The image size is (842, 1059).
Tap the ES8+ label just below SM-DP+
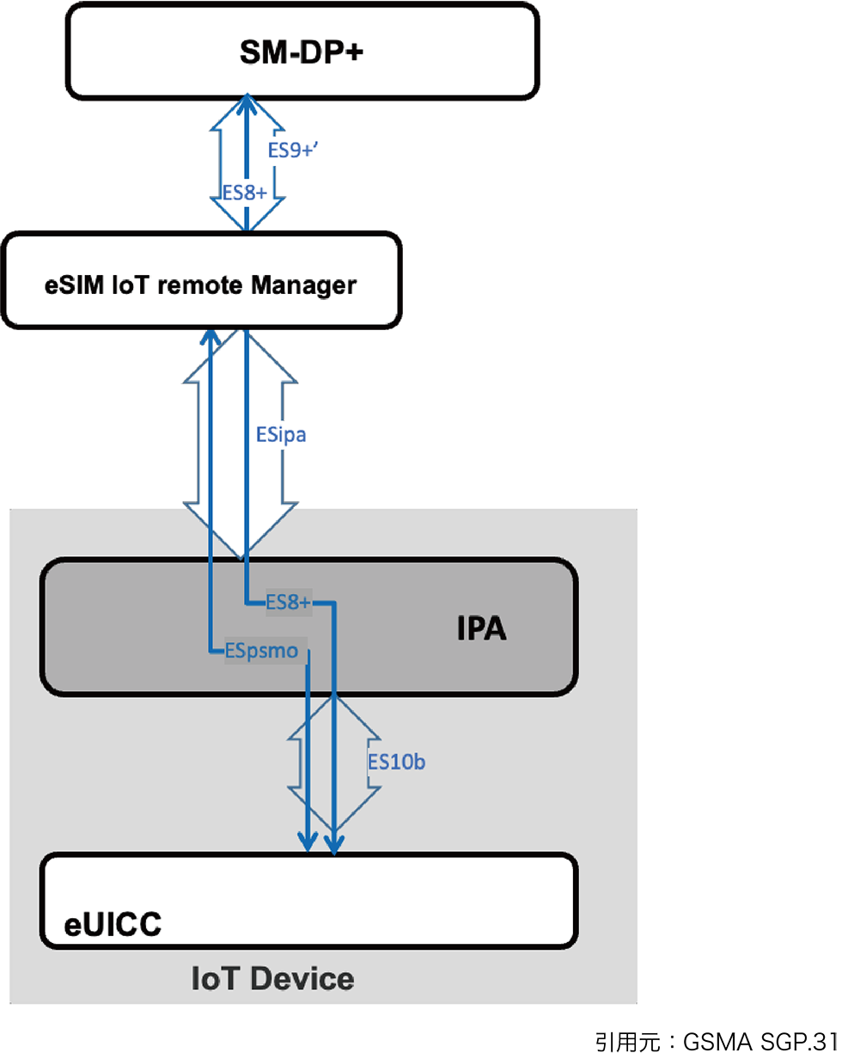coord(245,193)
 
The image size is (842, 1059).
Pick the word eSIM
coord(76,285)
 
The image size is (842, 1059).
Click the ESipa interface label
coord(281,435)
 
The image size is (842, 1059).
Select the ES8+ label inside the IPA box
coord(288,603)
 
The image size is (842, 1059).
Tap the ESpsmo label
coord(262,652)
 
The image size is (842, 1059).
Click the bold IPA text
coord(481,629)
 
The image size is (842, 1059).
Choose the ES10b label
coord(396,762)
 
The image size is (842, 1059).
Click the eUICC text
coord(113,925)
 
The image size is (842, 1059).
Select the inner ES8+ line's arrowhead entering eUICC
coord(334,844)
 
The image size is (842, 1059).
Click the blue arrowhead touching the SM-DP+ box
coord(247,103)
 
